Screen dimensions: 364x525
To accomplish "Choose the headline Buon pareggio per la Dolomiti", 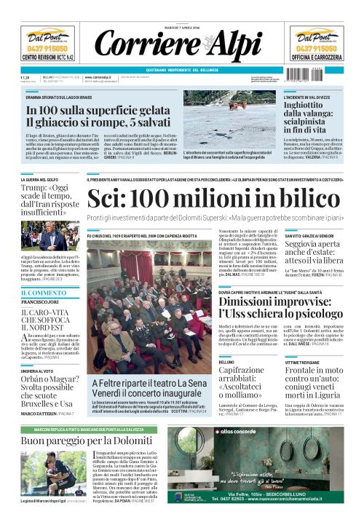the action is click(87, 441).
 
